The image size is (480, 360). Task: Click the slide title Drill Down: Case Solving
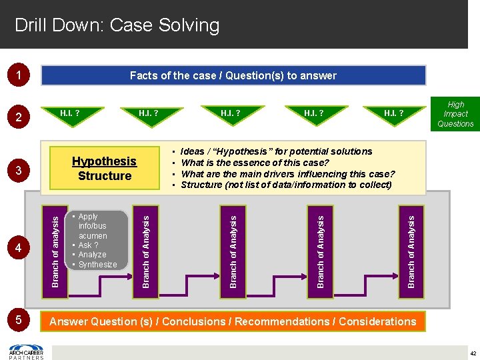pos(117,25)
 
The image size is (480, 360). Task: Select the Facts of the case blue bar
pos(233,75)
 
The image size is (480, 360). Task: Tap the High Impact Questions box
pos(455,114)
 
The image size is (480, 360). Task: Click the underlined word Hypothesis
pos(104,161)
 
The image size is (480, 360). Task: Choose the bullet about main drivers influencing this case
pos(288,174)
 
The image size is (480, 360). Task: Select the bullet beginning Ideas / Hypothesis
pos(276,151)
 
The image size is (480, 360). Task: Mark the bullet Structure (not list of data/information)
pos(286,185)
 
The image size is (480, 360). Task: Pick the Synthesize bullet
pos(97,265)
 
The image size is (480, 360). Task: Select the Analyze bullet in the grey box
pos(92,255)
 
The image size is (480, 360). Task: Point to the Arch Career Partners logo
pos(27,351)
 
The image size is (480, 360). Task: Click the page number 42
pos(472,353)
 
